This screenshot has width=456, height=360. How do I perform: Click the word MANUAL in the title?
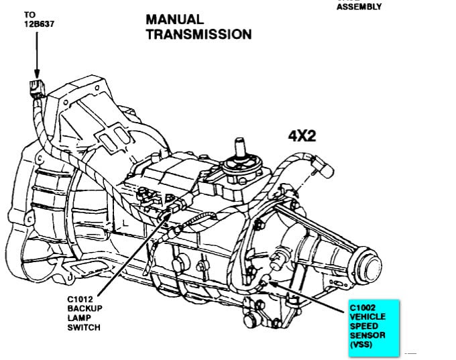[x=176, y=19]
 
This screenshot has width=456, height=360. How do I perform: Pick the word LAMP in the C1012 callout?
[x=79, y=318]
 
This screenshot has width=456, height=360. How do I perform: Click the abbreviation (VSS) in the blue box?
[x=360, y=347]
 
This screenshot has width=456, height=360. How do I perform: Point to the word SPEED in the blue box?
[x=363, y=328]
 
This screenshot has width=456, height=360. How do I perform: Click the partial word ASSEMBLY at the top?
[x=359, y=7]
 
